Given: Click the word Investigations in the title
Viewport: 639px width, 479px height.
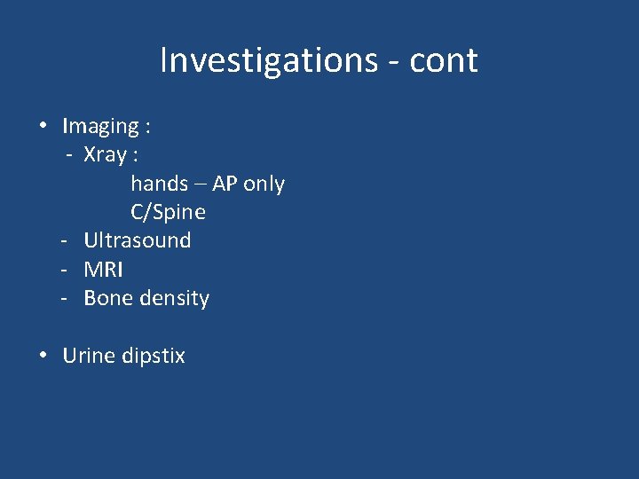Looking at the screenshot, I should [x=269, y=60].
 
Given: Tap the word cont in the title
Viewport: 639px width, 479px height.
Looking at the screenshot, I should [x=444, y=60].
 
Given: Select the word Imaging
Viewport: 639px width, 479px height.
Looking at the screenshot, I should [x=100, y=127].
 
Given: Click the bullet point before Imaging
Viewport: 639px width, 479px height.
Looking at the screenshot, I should [x=43, y=126].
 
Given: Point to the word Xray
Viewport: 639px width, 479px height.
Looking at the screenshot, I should [x=105, y=155].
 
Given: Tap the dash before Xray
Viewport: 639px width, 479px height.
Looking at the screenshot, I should [x=68, y=155].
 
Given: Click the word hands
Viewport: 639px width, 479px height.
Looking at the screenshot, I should [x=159, y=184].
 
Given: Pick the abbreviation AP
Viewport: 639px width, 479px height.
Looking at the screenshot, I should [x=224, y=184].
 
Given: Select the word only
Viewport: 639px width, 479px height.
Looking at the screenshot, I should [x=264, y=184].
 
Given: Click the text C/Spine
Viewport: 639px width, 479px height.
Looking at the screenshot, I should [x=168, y=212].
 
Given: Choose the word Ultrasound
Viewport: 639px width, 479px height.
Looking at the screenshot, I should [x=137, y=240].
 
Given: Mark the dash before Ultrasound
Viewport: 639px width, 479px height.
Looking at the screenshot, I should [x=65, y=240].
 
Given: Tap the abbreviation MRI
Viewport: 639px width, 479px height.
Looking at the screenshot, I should [x=103, y=269].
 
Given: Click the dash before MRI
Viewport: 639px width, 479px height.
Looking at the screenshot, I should [x=65, y=269].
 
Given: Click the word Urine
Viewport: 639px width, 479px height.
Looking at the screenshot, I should [x=89, y=356].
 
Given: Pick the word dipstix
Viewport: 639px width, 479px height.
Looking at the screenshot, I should [x=154, y=356].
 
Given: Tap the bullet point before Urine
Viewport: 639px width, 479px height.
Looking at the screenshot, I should [x=43, y=355].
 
